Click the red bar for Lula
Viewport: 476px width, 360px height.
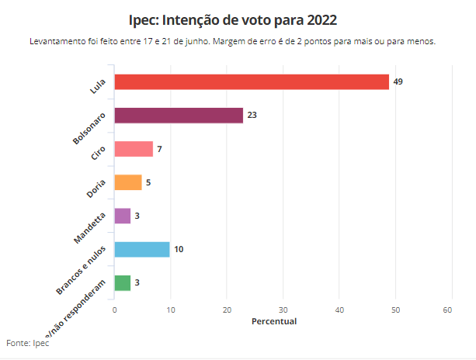click(x=252, y=81)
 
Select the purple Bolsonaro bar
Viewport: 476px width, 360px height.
click(x=179, y=116)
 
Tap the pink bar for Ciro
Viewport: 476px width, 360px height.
click(x=134, y=149)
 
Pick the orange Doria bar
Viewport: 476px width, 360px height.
click(x=128, y=182)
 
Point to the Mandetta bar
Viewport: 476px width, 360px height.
click(x=123, y=216)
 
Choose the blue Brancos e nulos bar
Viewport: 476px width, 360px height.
click(x=142, y=249)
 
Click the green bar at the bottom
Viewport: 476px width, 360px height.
click(x=123, y=282)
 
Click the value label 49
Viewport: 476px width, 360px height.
click(x=398, y=81)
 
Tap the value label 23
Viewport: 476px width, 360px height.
click(x=252, y=116)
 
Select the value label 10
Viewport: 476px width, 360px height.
click(x=179, y=249)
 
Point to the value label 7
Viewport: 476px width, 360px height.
click(x=159, y=149)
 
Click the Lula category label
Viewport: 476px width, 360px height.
click(x=98, y=86)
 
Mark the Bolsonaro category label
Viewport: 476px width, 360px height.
click(x=89, y=128)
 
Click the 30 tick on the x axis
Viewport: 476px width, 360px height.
click(x=283, y=310)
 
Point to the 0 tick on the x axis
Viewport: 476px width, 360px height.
click(x=114, y=310)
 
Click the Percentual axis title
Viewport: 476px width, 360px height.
click(x=274, y=321)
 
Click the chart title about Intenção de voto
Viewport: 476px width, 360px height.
click(x=238, y=18)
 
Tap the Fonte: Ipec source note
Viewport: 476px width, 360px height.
click(x=27, y=343)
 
